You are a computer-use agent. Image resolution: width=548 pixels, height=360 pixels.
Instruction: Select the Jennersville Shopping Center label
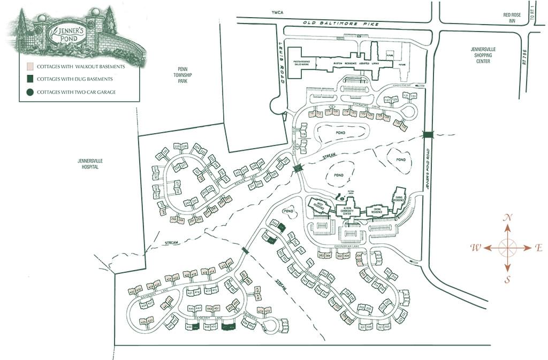pos(483,55)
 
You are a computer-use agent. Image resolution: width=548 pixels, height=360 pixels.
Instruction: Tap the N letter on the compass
pos(508,217)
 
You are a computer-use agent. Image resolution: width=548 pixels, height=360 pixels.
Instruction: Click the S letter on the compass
pos(507,279)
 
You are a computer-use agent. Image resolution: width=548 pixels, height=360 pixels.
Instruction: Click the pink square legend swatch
pos(29,67)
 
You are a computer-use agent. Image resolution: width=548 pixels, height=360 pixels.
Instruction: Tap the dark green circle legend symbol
pos(29,92)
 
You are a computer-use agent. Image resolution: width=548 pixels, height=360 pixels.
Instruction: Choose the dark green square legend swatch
pos(29,79)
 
